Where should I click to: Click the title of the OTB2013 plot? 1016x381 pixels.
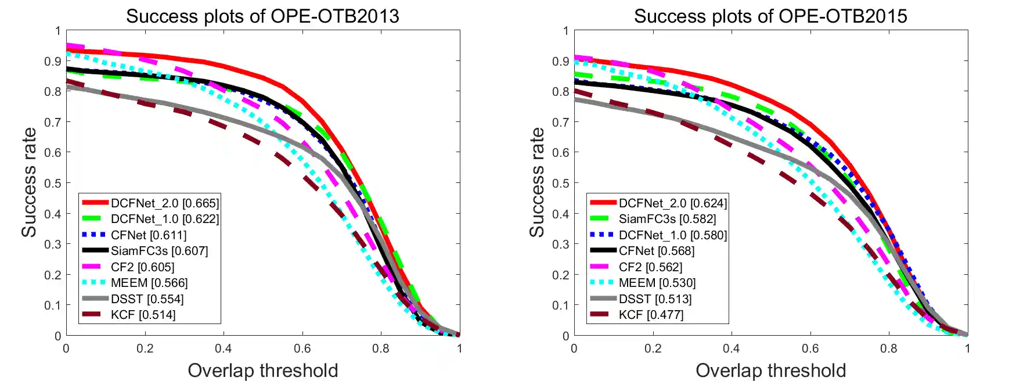pyautogui.click(x=262, y=16)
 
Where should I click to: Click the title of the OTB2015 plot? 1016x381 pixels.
pyautogui.click(x=770, y=16)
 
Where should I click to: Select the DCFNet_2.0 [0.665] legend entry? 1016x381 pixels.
pyautogui.click(x=165, y=203)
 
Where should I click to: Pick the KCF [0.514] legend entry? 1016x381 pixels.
pyautogui.click(x=143, y=315)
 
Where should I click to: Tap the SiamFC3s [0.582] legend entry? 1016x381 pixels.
pyautogui.click(x=667, y=219)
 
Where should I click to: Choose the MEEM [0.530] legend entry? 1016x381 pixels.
pyautogui.click(x=657, y=283)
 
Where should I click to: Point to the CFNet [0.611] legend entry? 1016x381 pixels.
pyautogui.click(x=149, y=235)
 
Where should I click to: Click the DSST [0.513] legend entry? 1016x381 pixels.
pyautogui.click(x=655, y=299)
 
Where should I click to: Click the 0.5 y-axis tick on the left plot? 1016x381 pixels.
pyautogui.click(x=53, y=184)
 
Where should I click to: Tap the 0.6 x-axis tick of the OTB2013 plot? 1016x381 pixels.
pyautogui.click(x=302, y=348)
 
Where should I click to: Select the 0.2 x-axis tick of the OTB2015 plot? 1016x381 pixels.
pyautogui.click(x=653, y=348)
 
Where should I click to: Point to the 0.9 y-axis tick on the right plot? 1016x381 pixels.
pyautogui.click(x=561, y=61)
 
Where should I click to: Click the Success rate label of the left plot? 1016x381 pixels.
pyautogui.click(x=29, y=182)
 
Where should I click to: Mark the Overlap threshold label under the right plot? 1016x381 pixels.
pyautogui.click(x=770, y=371)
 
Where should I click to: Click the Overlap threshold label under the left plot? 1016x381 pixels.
pyautogui.click(x=262, y=371)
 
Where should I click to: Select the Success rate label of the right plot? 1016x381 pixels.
pyautogui.click(x=537, y=182)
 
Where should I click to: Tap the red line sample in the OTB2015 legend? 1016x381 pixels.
pyautogui.click(x=603, y=203)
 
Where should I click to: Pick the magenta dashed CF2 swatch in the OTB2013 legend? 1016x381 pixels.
pyautogui.click(x=95, y=267)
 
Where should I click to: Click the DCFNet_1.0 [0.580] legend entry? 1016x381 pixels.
pyautogui.click(x=672, y=235)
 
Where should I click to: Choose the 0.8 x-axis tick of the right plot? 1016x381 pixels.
pyautogui.click(x=888, y=348)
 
